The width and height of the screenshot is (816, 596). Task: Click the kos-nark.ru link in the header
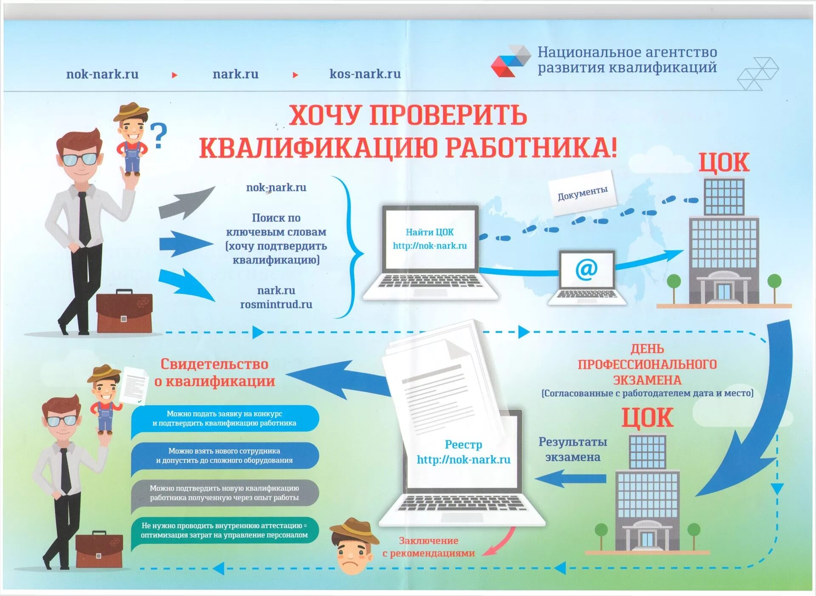coord(365,74)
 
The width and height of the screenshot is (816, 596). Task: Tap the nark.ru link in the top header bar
coord(235,74)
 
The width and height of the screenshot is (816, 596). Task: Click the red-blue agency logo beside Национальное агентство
coord(510,61)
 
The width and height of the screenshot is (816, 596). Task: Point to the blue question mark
coord(159,136)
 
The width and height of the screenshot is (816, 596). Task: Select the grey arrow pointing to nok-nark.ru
coord(186,203)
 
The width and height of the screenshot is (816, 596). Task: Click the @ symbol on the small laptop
coord(586,269)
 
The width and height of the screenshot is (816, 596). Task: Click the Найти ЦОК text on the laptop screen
coord(429,232)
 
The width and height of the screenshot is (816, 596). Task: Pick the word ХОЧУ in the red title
coord(323,115)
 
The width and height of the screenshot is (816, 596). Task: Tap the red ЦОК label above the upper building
coord(724,163)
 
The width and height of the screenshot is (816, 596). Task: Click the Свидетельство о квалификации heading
coord(215,372)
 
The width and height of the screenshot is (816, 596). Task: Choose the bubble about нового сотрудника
coord(224,455)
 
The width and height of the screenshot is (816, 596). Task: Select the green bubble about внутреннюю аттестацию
coord(224,530)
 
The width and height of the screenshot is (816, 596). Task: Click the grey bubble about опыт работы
coord(224,493)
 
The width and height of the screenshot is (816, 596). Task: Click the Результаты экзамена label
coord(572,449)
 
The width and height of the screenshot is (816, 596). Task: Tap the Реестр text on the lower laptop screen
coord(463,445)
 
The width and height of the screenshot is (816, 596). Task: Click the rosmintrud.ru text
coord(276,304)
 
